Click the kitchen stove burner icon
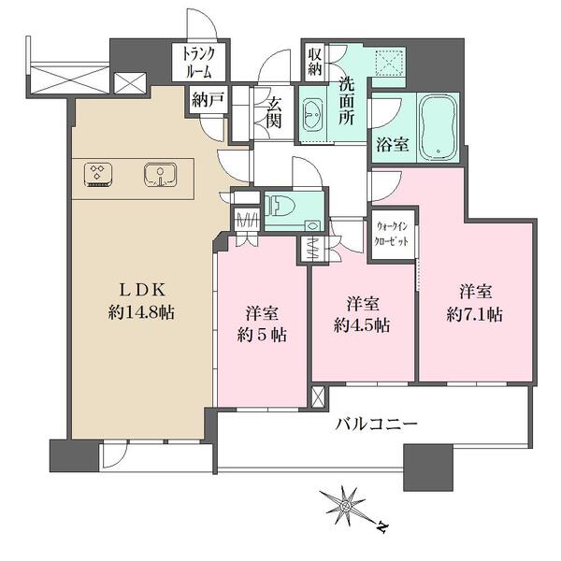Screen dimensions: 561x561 [x=97, y=173]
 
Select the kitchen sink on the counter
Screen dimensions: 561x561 [x=161, y=174]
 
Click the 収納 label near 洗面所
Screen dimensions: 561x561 [x=314, y=62]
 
